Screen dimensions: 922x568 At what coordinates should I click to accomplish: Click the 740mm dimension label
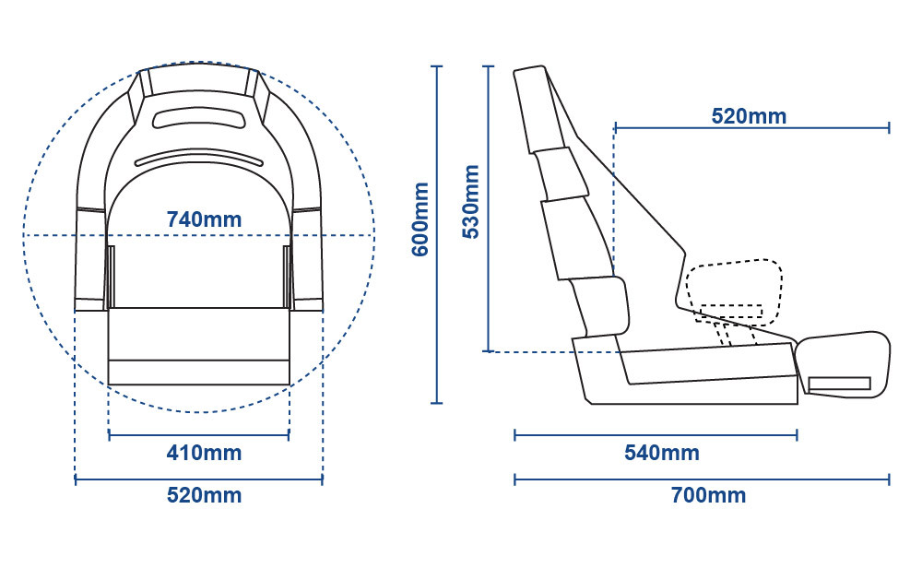point(204,219)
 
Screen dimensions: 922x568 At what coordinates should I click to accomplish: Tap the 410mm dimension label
point(204,453)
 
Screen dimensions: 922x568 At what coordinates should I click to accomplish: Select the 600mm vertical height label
point(420,219)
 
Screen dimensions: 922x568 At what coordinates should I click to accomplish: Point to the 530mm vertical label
point(471,202)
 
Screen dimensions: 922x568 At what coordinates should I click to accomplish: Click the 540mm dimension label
point(662,453)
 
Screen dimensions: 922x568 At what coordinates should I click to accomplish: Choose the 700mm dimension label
point(708,495)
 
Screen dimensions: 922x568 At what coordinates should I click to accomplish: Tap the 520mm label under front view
point(204,495)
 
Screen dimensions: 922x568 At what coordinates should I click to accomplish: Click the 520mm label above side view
point(749,116)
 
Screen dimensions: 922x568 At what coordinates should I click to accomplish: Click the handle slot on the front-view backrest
point(199,118)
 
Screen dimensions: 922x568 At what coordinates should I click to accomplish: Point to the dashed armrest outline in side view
point(734,293)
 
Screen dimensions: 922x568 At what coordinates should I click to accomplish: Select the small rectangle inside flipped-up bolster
point(840,384)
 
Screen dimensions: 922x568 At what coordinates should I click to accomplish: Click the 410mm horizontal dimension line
point(199,435)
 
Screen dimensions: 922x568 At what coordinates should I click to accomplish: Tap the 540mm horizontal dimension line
point(656,435)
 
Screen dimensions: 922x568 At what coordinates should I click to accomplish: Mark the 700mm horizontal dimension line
point(702,479)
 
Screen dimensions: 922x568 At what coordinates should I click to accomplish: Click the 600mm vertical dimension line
point(436,234)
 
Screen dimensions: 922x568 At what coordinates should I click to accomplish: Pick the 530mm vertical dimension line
point(488,208)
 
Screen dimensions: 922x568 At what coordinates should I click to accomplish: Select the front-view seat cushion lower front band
point(199,373)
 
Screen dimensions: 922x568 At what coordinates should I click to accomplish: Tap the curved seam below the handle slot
point(199,158)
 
